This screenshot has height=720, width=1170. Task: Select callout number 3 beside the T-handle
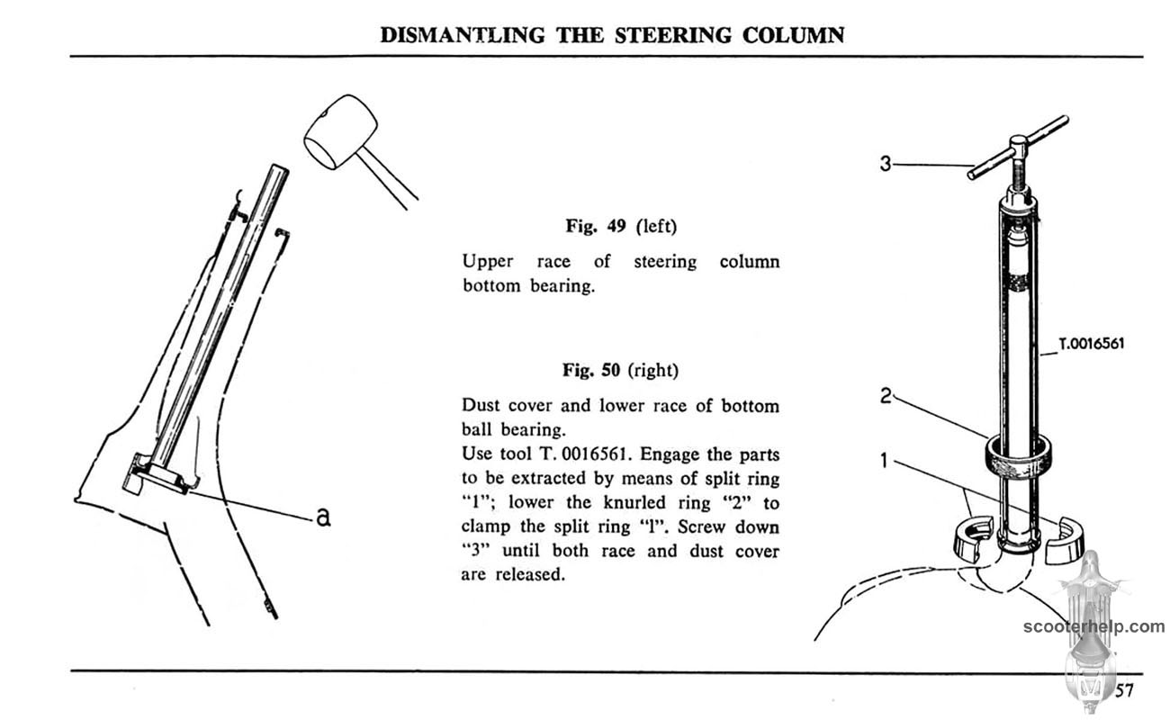tap(886, 164)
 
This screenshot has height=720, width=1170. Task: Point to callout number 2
tap(886, 394)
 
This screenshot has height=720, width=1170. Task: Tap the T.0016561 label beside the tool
tap(1091, 343)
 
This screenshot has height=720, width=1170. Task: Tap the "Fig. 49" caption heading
tap(598, 226)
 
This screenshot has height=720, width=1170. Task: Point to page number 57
tap(1124, 690)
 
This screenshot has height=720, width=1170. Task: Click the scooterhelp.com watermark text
tap(1093, 627)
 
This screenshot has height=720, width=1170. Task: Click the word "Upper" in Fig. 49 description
tap(487, 262)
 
